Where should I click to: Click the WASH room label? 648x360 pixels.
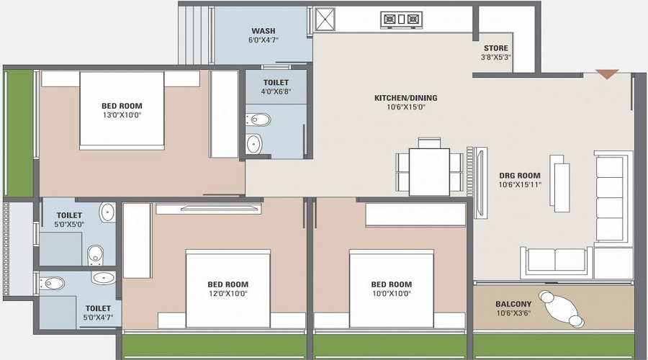[x=264, y=31]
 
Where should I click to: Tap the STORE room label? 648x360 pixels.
[x=496, y=48]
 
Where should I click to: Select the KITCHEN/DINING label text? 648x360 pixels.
[x=406, y=98]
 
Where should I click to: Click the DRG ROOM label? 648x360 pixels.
[x=519, y=176]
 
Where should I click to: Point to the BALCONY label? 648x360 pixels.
[x=513, y=305]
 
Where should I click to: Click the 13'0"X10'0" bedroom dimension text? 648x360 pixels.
[x=122, y=115]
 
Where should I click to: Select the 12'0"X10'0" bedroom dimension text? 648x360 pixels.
[x=228, y=294]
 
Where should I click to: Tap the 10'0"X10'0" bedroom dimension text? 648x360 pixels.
[x=391, y=294]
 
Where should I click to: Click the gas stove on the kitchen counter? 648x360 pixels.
[x=401, y=19]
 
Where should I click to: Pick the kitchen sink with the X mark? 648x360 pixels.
[x=325, y=19]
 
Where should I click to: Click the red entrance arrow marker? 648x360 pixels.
[x=607, y=74]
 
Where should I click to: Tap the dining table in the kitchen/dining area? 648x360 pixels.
[x=429, y=171]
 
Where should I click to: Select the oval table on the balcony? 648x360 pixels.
[x=562, y=309]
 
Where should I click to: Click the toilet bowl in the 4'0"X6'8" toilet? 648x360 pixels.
[x=258, y=120]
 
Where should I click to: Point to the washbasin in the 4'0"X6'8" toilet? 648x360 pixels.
[x=254, y=143]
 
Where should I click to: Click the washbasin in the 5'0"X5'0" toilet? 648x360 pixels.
[x=107, y=212]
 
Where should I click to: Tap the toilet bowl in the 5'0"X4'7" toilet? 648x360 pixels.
[x=52, y=283]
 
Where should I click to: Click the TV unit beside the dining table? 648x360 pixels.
[x=480, y=182]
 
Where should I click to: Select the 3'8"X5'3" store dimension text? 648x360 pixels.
[x=496, y=58]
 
